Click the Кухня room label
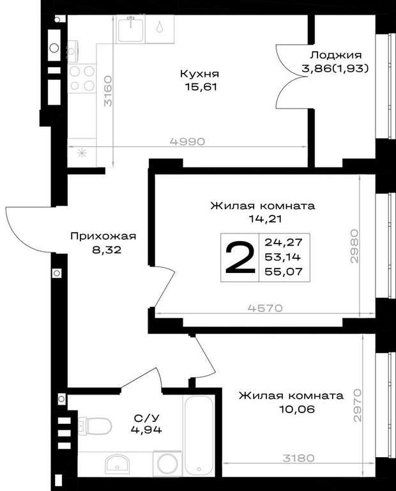(199, 74)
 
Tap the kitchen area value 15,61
(201, 87)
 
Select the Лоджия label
(335, 56)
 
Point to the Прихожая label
(103, 236)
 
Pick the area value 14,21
(265, 219)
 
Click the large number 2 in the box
(240, 258)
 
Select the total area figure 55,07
(284, 271)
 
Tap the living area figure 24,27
(284, 242)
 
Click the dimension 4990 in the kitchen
(187, 141)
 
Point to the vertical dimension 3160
(108, 91)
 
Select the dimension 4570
(265, 308)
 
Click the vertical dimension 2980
(354, 245)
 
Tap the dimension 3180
(299, 458)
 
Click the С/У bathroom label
(147, 417)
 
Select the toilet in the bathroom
(95, 426)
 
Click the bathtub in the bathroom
(199, 435)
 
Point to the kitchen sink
(131, 29)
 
